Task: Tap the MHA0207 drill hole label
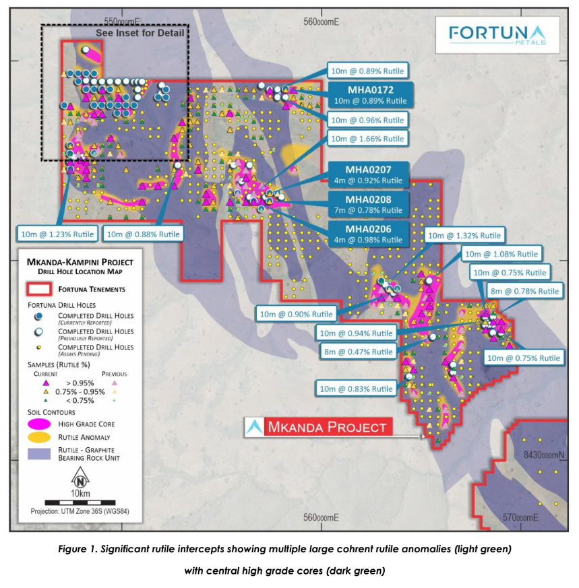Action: (x=367, y=174)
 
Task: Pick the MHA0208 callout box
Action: (x=367, y=205)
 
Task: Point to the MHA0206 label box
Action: (x=367, y=234)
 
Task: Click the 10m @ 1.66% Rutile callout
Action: (x=367, y=139)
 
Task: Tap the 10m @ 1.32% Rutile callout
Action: (x=464, y=235)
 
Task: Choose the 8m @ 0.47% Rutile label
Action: (x=357, y=352)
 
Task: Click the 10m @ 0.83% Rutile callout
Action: (x=357, y=389)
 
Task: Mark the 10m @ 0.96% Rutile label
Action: (x=367, y=120)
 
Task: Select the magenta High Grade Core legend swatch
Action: (x=39, y=423)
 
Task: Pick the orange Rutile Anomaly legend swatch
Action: (x=39, y=438)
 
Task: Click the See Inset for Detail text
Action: (x=140, y=32)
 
